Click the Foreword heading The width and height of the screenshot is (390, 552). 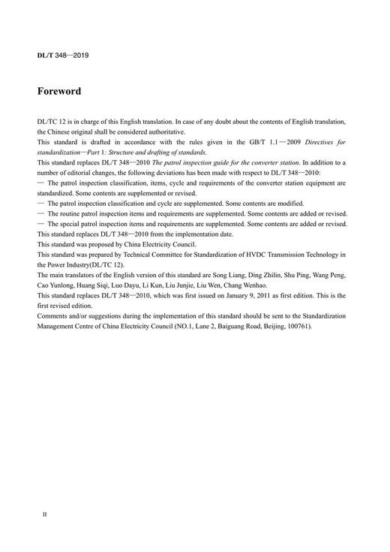click(x=59, y=92)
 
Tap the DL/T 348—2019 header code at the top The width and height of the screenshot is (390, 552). click(x=63, y=56)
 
